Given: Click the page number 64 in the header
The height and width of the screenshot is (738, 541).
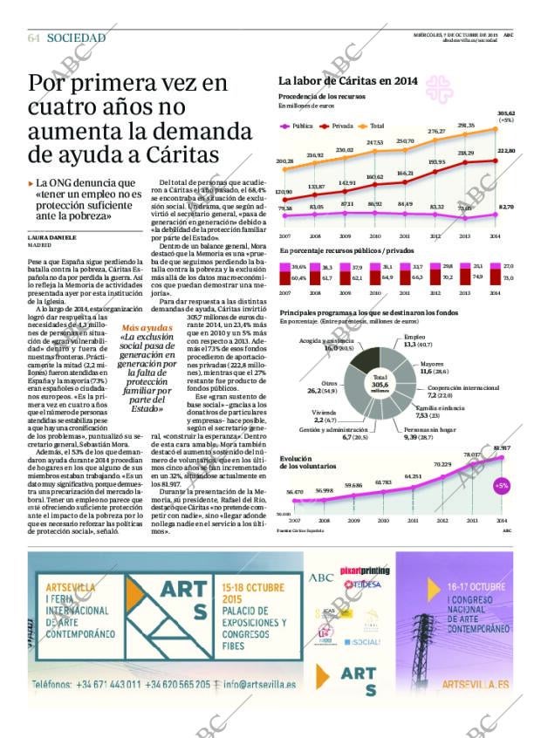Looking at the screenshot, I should click(x=34, y=38).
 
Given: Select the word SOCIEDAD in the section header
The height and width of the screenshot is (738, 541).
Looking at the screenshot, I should click(x=76, y=38).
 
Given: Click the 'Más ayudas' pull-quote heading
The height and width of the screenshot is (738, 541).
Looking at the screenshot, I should click(x=140, y=328).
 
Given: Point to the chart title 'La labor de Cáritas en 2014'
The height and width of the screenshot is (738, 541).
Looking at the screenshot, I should click(x=348, y=81).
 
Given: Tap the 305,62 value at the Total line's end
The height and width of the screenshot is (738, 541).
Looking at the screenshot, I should click(x=506, y=113).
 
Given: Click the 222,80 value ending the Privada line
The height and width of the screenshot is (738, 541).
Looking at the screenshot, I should click(x=506, y=150).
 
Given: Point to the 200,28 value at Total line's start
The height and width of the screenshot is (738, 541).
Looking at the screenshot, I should click(x=284, y=161).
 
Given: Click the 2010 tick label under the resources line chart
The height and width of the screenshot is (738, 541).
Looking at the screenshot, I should click(x=375, y=236).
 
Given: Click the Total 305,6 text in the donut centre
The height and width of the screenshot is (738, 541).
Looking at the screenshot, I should click(x=380, y=384).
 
